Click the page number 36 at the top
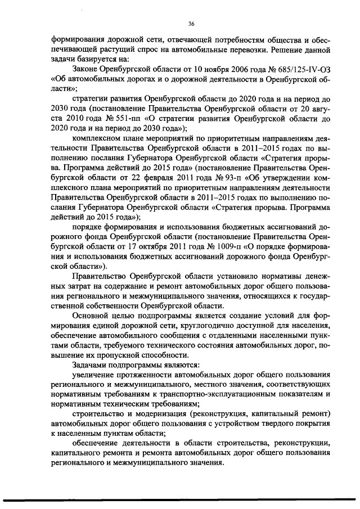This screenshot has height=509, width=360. click(191, 23)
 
